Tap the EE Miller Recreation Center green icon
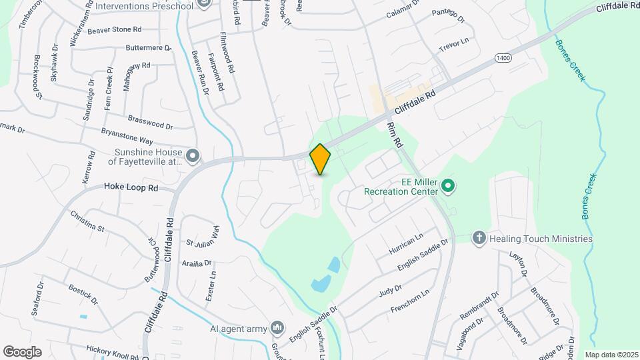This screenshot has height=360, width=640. (x=448, y=185)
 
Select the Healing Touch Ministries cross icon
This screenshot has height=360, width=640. (x=478, y=238)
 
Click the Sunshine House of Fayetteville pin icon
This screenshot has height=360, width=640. (x=193, y=156)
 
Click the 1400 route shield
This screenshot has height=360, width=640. (x=503, y=59)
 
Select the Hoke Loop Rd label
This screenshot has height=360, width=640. (x=131, y=188)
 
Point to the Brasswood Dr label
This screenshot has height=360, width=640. (x=150, y=124)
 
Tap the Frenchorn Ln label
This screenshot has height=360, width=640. (x=411, y=301)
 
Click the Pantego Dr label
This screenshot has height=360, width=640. (x=447, y=13)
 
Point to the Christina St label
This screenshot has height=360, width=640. (x=87, y=219)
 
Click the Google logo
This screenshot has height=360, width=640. (x=22, y=351)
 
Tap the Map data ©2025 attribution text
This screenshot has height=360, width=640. (x=610, y=355)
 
